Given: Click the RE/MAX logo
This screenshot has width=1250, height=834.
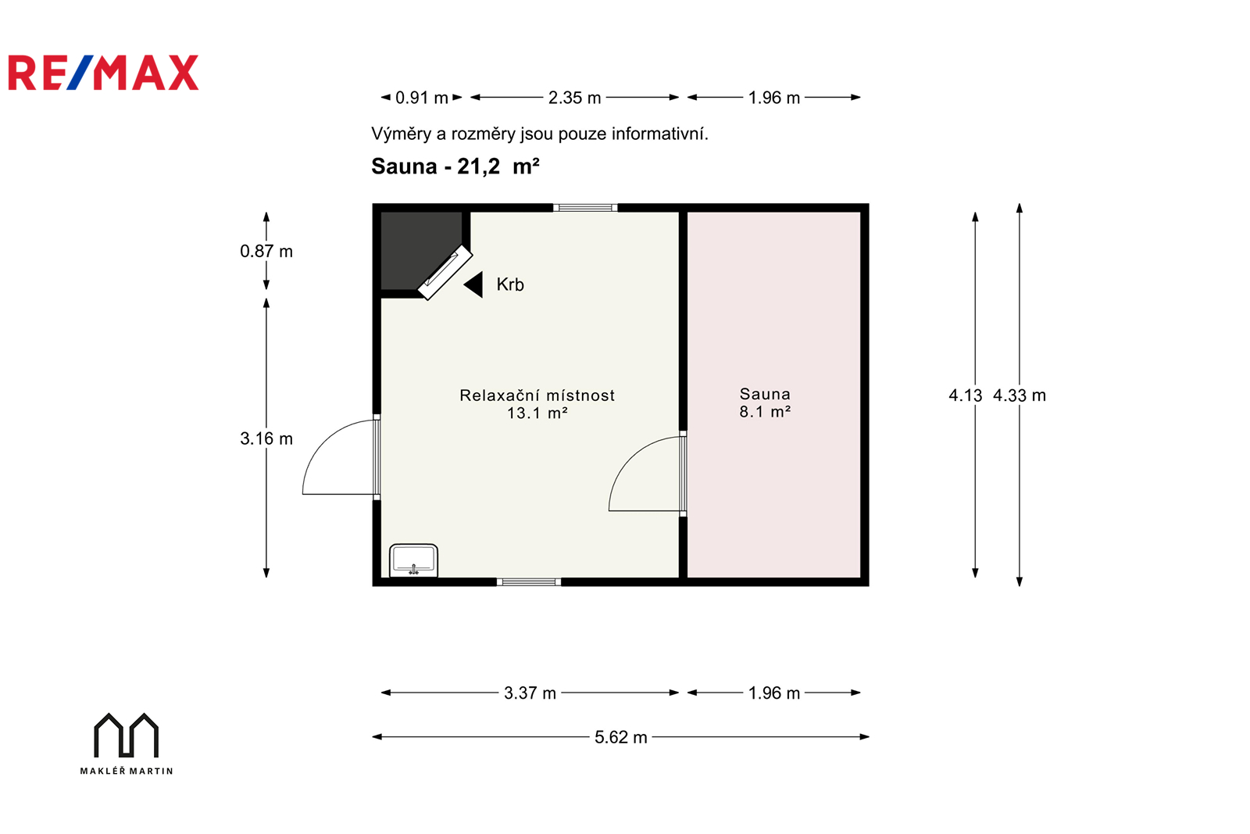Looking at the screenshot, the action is point(103,73).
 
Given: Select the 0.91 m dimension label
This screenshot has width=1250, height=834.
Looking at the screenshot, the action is point(422,98).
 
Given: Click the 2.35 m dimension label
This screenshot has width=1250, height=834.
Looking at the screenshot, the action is point(574,98).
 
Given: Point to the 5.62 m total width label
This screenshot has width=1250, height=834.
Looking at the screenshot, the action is point(620,737).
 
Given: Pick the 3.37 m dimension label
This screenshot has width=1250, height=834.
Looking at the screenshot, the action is point(530,693).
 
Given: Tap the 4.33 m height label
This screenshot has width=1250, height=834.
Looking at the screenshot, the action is point(1019,396).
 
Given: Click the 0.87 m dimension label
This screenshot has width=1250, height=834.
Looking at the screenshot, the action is point(266,251).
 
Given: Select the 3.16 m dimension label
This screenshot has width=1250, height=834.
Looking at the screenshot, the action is point(266,438).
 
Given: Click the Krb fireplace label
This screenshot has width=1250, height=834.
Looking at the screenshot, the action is point(510,285).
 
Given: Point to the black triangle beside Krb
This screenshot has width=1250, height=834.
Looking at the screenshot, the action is point(473,285).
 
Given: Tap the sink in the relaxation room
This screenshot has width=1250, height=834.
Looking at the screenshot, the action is point(413,560).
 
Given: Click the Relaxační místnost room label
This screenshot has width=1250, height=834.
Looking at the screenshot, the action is point(537,396).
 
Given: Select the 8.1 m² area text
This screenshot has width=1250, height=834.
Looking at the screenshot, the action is point(765,412).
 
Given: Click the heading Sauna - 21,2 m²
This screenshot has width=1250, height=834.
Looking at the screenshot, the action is point(455,166).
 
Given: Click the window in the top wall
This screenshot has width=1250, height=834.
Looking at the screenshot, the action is point(585,208).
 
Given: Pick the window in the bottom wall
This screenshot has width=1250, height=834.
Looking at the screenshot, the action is point(529,582).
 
